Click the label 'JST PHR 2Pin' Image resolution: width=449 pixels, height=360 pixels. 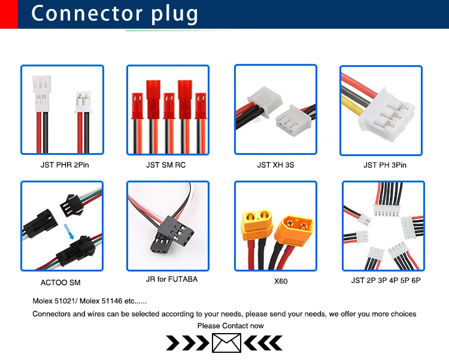[x=63, y=164]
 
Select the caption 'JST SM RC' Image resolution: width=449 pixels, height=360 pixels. [x=166, y=164]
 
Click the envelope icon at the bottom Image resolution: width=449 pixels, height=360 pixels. [x=226, y=343]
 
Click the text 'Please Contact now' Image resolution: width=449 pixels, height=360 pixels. [x=230, y=326]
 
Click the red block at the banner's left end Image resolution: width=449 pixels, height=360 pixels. [x=8, y=14]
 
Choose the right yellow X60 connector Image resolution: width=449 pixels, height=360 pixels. [x=298, y=227]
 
